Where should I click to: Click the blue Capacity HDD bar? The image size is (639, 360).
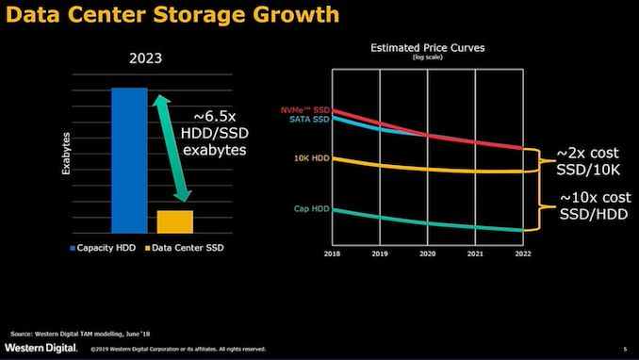pyautogui.click(x=129, y=160)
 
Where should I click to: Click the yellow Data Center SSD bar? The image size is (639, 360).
pyautogui.click(x=174, y=221)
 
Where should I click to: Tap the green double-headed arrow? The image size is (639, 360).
pyautogui.click(x=175, y=148)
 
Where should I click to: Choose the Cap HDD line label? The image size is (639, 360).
pyautogui.click(x=310, y=208)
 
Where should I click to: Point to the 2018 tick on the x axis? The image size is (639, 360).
pyautogui.click(x=332, y=254)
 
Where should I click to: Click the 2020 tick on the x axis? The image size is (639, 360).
pyautogui.click(x=429, y=254)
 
